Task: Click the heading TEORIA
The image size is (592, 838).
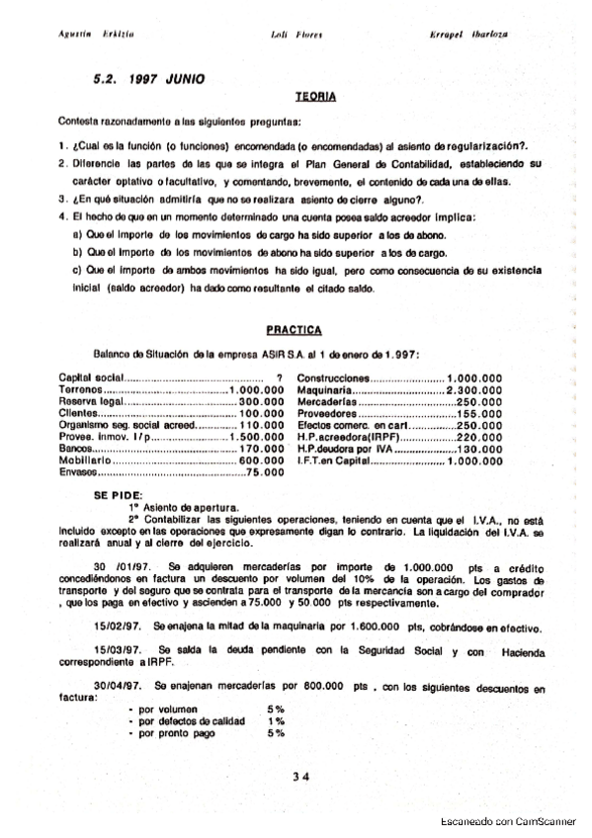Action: pyautogui.click(x=316, y=98)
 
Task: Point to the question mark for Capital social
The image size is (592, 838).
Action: pyautogui.click(x=281, y=377)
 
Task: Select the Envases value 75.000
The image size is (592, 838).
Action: pyautogui.click(x=265, y=472)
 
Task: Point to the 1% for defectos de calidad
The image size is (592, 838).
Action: pyautogui.click(x=275, y=721)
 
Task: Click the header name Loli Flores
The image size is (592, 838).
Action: pyautogui.click(x=293, y=34)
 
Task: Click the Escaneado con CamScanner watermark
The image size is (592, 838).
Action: pyautogui.click(x=513, y=821)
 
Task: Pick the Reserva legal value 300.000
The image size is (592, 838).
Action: pyautogui.click(x=261, y=401)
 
